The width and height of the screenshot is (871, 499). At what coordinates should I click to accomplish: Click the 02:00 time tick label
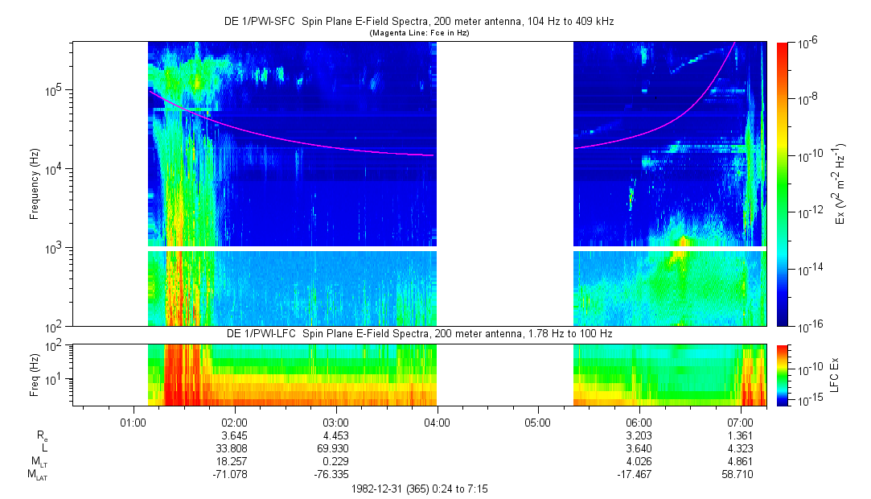[233, 421]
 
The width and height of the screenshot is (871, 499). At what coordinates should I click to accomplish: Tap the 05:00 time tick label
[537, 421]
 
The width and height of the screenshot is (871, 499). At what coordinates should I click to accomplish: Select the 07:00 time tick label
[740, 421]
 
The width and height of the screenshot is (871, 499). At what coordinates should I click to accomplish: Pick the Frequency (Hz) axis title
[35, 184]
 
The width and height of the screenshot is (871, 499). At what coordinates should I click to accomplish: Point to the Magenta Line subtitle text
[418, 33]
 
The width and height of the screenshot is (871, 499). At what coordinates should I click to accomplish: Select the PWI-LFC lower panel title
[419, 333]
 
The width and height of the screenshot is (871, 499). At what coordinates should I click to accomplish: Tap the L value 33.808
[233, 448]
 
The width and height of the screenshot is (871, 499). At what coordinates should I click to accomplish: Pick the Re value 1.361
[740, 435]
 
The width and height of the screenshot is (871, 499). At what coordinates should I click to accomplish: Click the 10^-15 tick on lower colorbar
[807, 400]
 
